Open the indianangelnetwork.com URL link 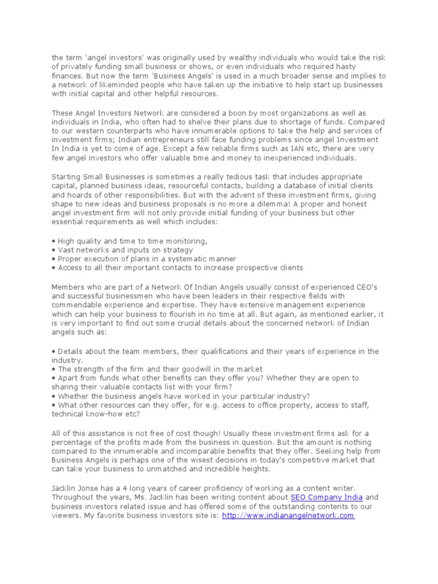click(x=288, y=515)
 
